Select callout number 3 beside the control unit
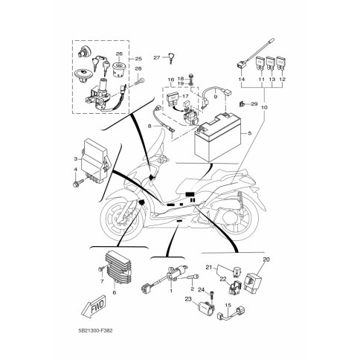point(76,159)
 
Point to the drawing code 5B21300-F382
point(94,331)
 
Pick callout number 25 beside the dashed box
point(138,59)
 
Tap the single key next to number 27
point(171,58)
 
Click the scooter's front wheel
point(122,219)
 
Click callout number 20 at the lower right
point(266,260)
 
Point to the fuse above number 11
point(260,63)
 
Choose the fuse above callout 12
point(280,63)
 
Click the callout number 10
point(264,107)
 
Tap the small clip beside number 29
point(241,104)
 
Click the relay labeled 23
point(206,308)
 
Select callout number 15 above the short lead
point(228,306)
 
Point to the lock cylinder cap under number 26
point(118,69)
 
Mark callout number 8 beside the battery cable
point(150,126)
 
